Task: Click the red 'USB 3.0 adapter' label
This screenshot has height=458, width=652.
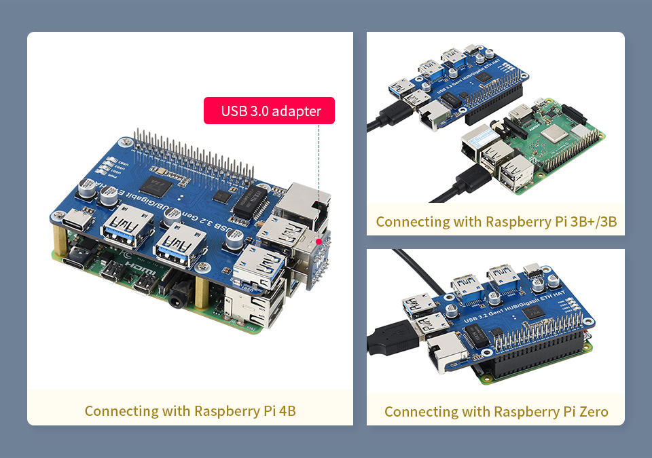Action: tap(270, 111)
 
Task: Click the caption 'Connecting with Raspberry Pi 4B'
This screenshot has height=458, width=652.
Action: tap(190, 411)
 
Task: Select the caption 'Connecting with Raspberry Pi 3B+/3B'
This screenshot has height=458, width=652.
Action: tap(496, 221)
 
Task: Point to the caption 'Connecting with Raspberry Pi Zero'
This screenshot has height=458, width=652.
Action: tap(496, 411)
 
